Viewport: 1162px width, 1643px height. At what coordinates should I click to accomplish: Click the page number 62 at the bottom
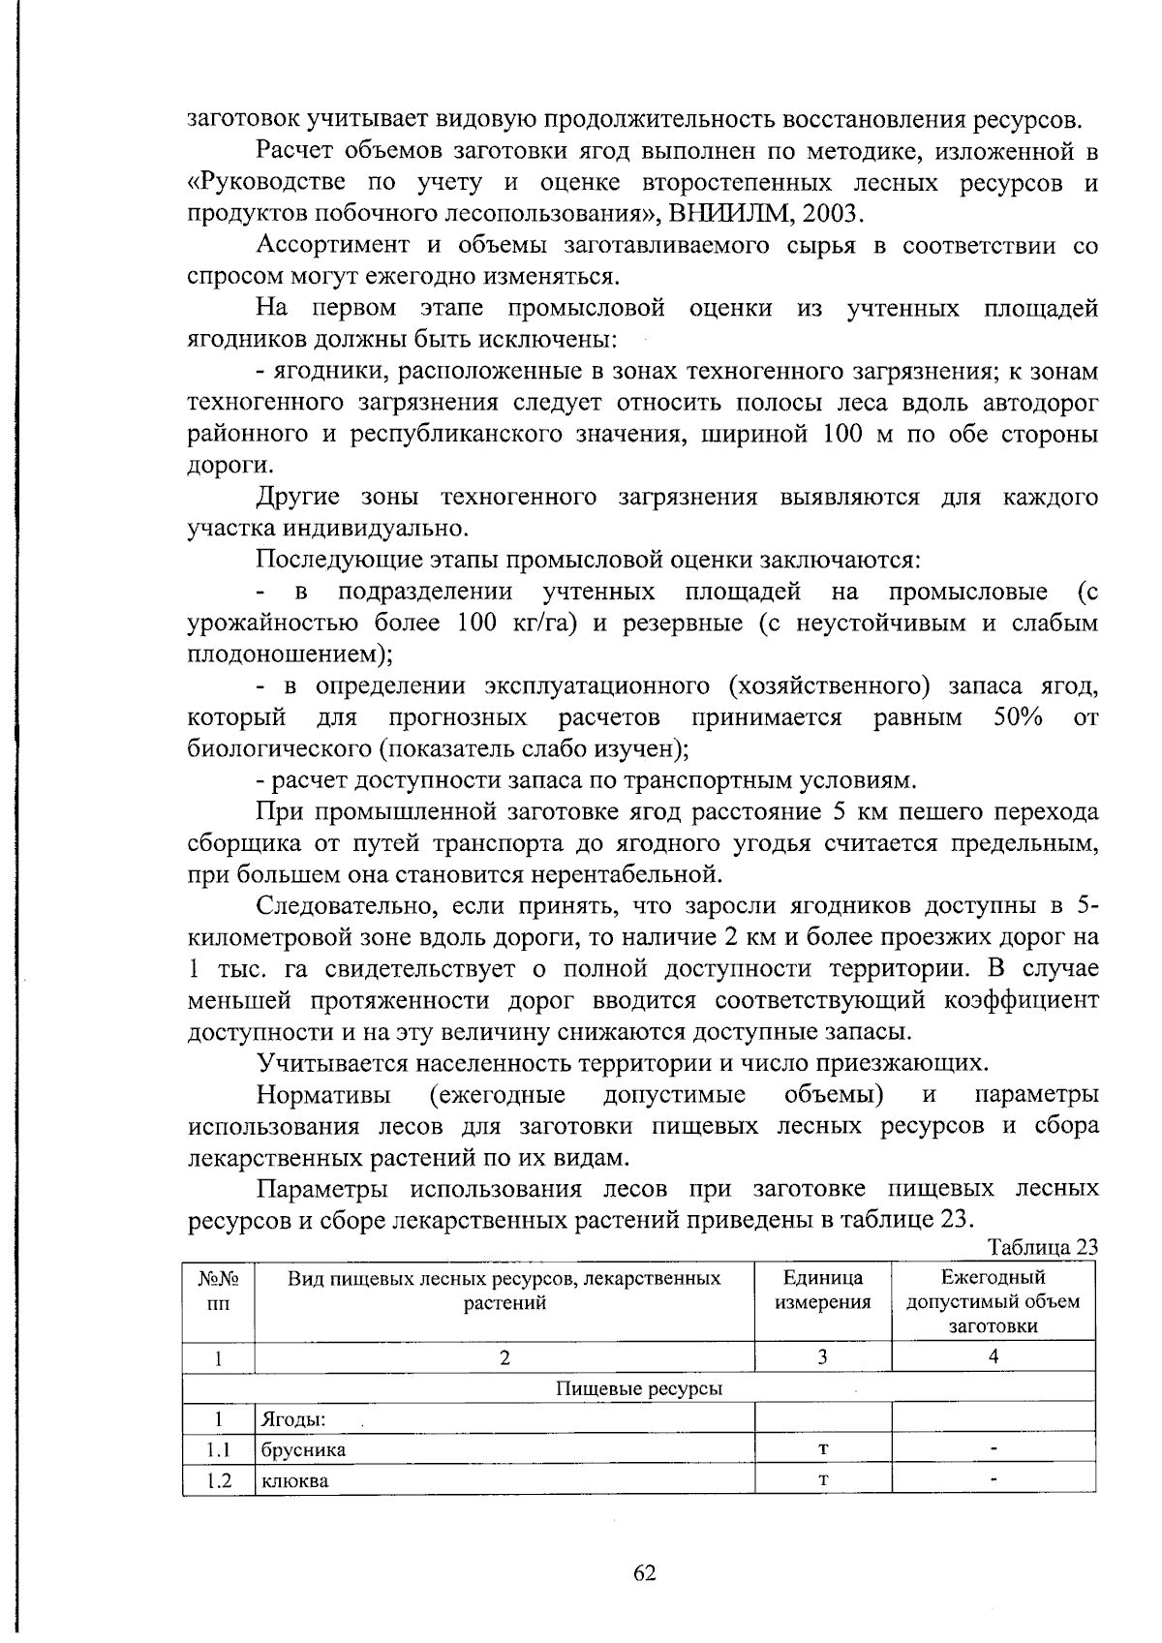tap(645, 1573)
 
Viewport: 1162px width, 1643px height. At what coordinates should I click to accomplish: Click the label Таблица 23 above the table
tap(1042, 1246)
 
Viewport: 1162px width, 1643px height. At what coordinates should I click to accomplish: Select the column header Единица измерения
tap(822, 1290)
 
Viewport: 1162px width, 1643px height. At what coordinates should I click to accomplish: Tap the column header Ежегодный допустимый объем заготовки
tap(993, 1301)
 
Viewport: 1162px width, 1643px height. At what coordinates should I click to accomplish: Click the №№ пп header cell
tap(219, 1290)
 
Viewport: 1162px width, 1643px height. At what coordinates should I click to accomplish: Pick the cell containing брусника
tap(302, 1449)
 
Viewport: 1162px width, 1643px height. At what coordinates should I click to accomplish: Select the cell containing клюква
tap(294, 1480)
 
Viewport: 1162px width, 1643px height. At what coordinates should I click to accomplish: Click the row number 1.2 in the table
tap(219, 1480)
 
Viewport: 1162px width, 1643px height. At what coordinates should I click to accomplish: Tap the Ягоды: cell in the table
tap(291, 1419)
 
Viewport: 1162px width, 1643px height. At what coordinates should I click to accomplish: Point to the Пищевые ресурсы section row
tap(639, 1388)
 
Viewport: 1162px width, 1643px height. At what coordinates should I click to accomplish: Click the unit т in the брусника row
tap(822, 1449)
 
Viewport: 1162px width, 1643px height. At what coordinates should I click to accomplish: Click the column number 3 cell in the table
tap(822, 1357)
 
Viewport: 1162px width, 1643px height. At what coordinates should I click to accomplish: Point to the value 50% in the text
tap(1017, 717)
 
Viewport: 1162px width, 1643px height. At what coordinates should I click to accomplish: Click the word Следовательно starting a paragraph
tap(347, 906)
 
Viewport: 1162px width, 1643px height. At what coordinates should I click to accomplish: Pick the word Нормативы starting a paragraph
tap(323, 1095)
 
